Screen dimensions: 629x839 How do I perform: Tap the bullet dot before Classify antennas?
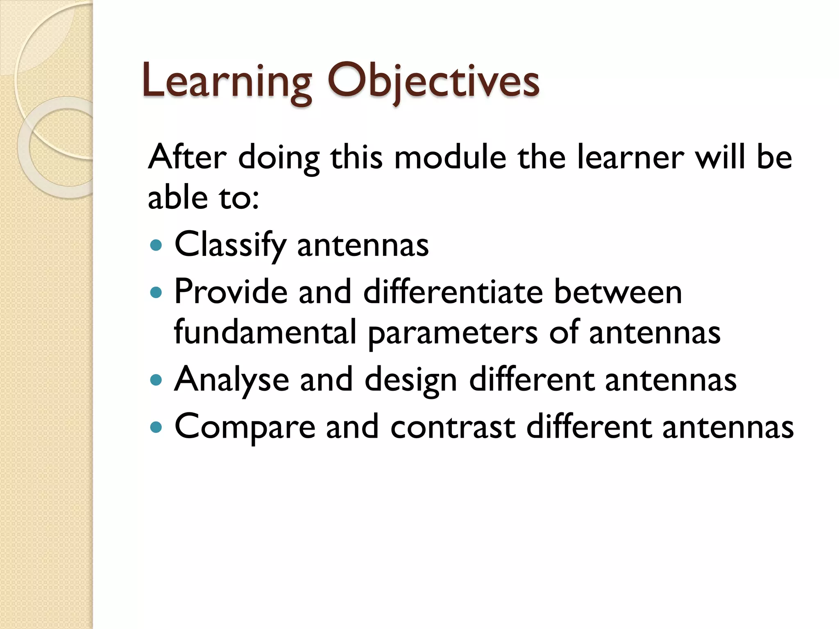[156, 245]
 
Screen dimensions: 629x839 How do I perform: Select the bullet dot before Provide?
[156, 292]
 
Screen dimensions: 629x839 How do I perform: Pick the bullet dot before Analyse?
[156, 380]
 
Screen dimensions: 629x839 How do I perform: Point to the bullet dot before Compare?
[156, 428]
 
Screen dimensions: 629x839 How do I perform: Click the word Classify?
[230, 245]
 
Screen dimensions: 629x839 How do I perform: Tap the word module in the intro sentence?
[450, 158]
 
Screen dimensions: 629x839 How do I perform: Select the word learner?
[630, 158]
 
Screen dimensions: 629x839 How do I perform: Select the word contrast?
[453, 427]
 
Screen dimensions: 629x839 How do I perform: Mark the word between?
[618, 292]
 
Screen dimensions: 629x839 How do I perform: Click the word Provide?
[231, 292]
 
